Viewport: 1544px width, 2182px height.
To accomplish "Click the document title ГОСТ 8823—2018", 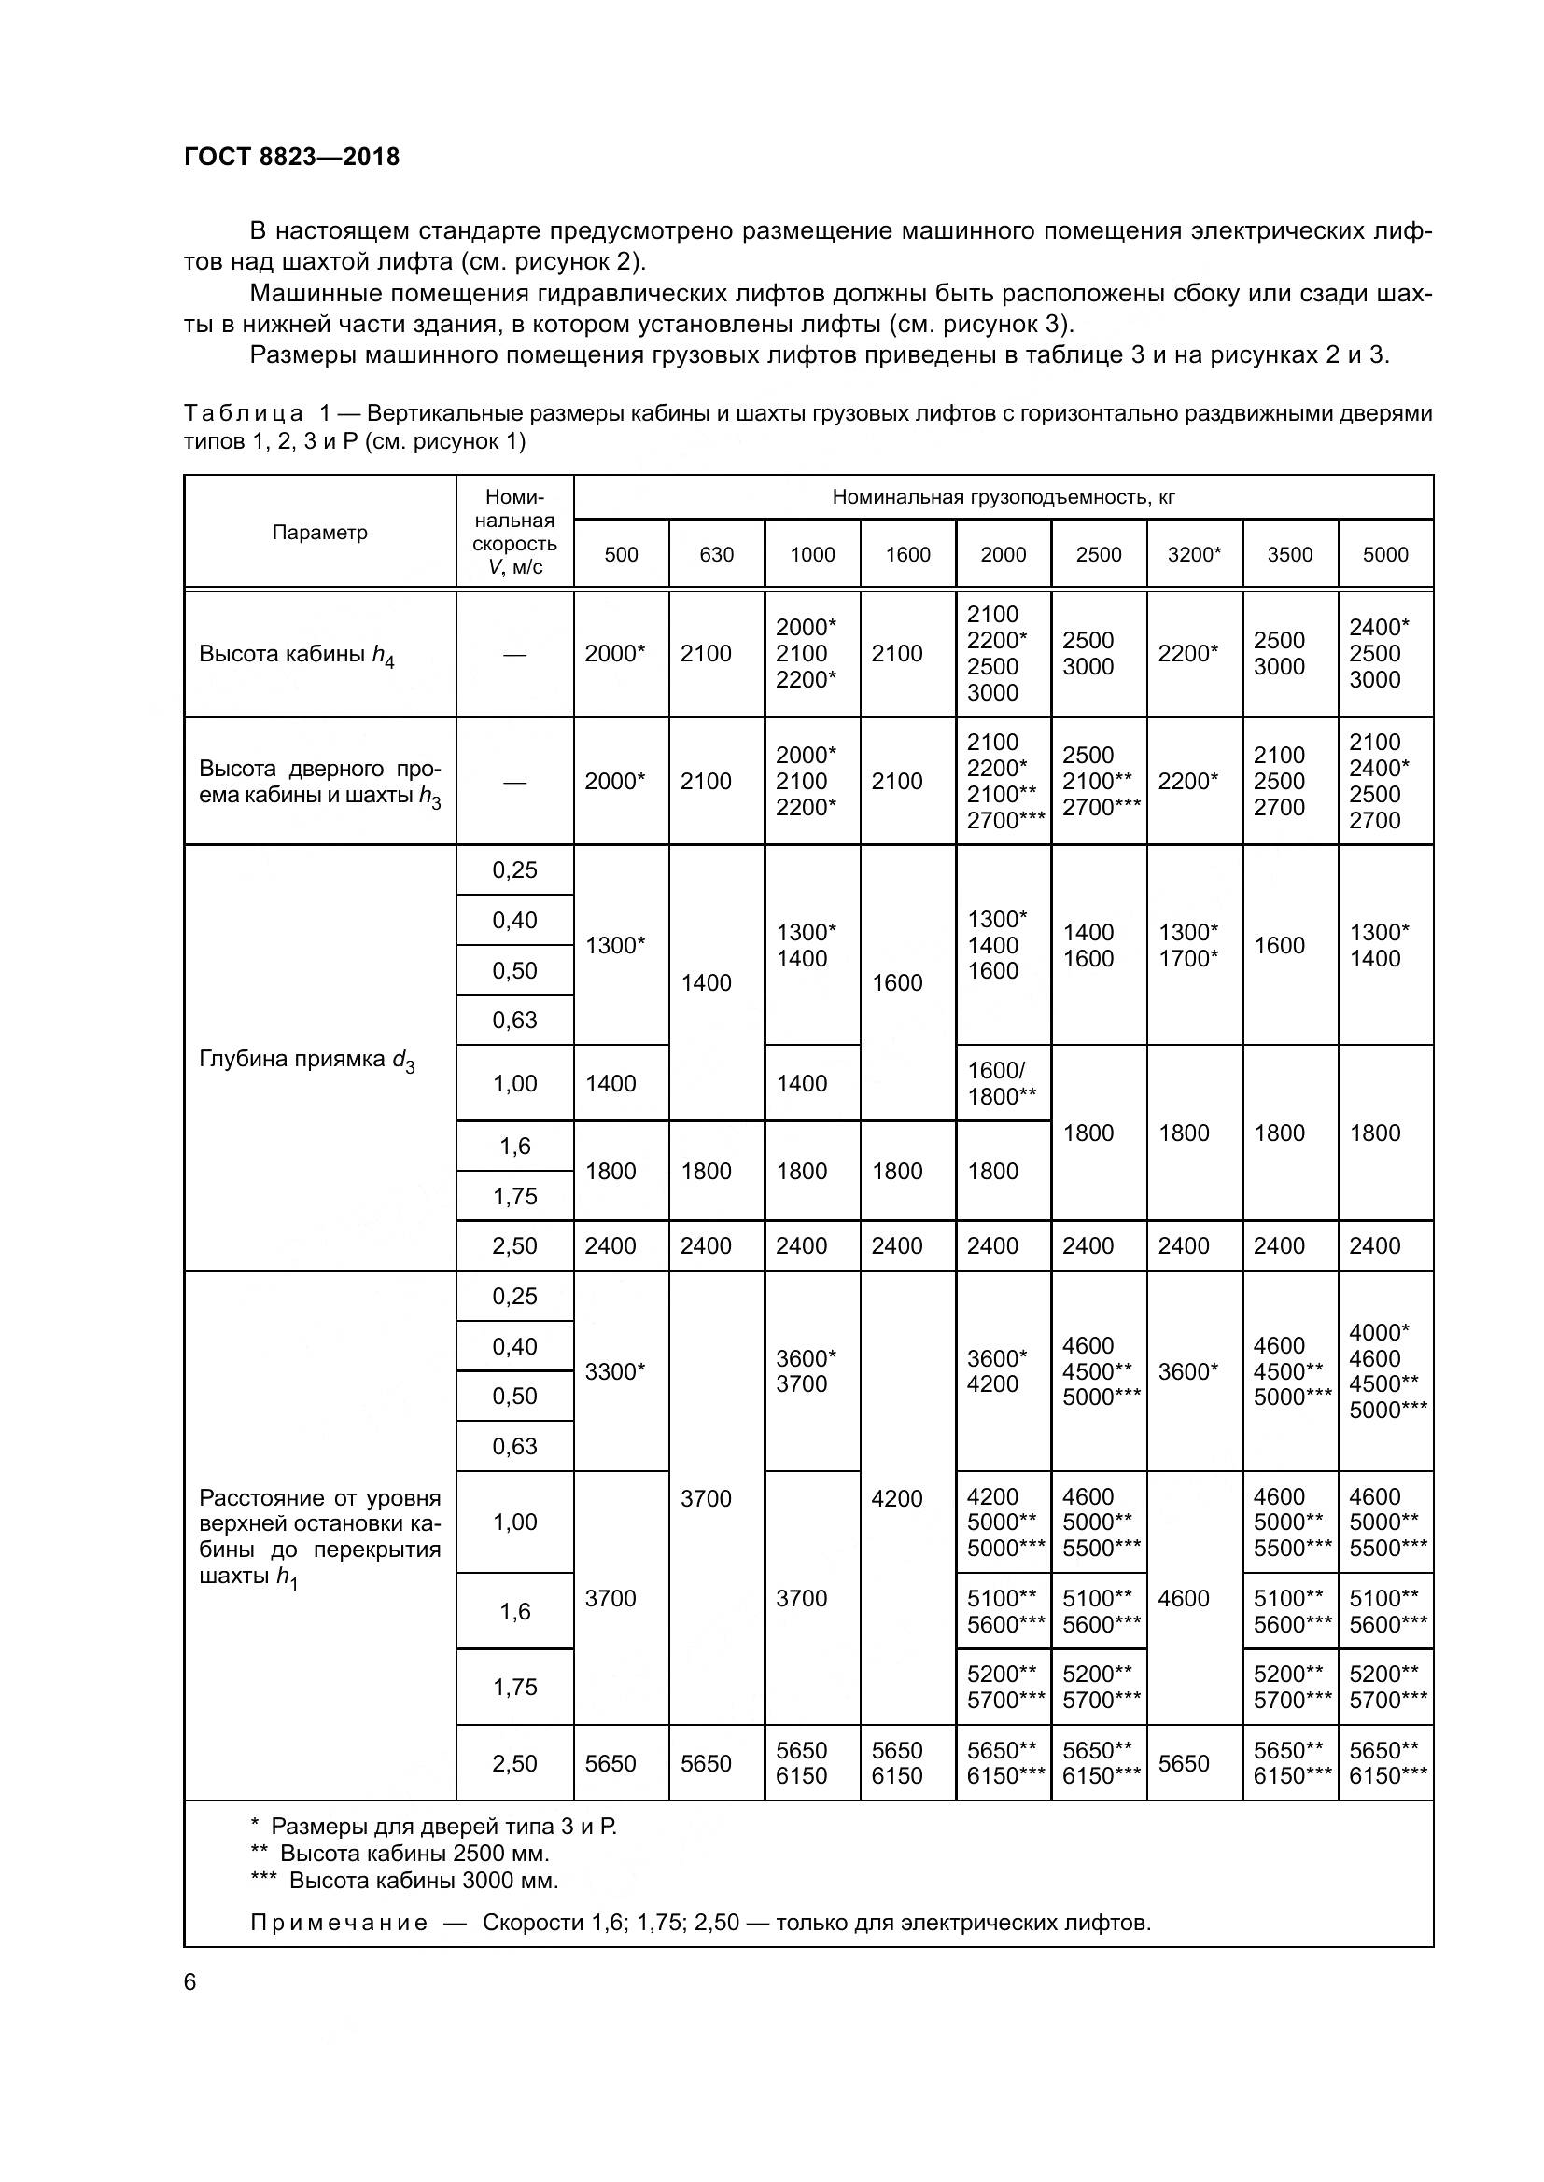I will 292,157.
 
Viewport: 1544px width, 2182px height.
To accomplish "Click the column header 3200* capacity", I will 1193,554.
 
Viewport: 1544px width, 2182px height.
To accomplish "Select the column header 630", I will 716,554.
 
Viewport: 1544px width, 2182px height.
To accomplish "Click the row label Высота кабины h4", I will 297,654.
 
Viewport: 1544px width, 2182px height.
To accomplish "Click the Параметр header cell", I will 319,532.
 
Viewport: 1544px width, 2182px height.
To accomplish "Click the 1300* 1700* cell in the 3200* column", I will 1188,945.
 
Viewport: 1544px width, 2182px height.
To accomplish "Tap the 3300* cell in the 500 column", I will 615,1370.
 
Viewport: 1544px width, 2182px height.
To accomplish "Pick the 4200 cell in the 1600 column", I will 896,1498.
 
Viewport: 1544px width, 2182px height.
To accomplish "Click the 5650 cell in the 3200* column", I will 1184,1763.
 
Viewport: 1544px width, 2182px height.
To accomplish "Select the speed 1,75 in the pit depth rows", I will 514,1196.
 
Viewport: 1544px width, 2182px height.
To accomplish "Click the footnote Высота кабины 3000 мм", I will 423,1880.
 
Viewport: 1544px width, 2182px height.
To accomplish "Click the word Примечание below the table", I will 339,1923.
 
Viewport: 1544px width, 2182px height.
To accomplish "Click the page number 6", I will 190,1982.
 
